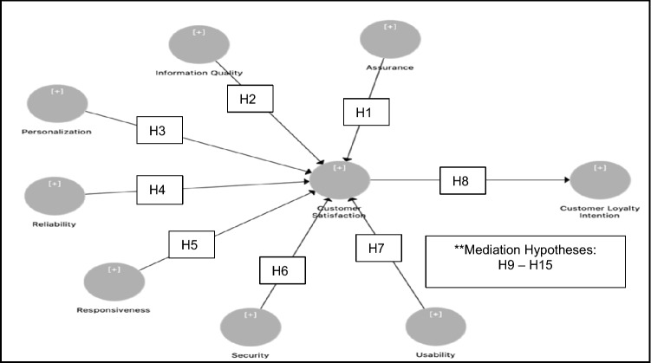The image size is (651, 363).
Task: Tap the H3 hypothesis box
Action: [159, 132]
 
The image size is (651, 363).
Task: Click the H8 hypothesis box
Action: [462, 180]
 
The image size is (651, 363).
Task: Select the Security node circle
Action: [251, 327]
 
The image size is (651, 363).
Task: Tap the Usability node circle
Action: [435, 327]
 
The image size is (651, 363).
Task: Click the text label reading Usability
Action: [435, 353]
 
